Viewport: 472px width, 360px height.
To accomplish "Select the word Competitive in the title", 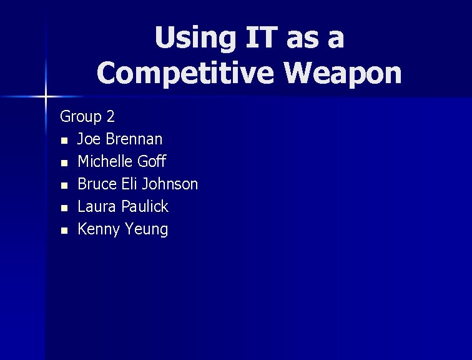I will click(x=185, y=74).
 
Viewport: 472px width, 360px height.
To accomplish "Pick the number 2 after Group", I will click(x=111, y=116).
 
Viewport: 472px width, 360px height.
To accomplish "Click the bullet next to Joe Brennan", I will click(x=63, y=140).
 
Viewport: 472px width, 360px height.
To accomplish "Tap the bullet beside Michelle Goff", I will click(x=63, y=162).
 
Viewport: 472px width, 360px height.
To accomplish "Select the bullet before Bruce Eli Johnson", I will click(x=63, y=185).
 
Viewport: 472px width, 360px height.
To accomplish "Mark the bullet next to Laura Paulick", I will click(x=63, y=207).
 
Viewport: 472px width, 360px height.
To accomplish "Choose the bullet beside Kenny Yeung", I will click(x=63, y=230).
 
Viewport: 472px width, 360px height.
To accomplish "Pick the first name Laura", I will click(x=97, y=206).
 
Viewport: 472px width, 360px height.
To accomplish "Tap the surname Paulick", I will click(x=145, y=206).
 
